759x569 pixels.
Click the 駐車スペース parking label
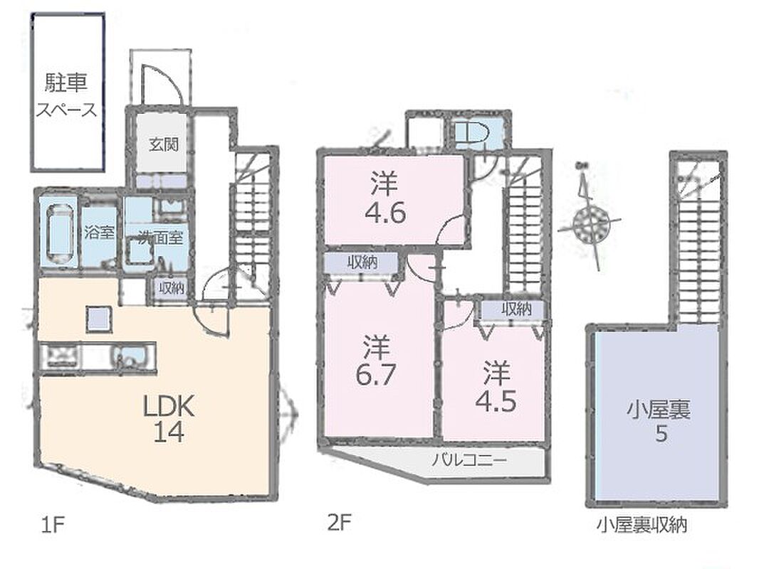pos(67,96)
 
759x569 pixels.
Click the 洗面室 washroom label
pos(160,238)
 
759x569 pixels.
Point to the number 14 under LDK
pos(169,432)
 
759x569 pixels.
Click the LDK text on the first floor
pos(169,407)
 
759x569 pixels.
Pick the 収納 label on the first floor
pos(172,289)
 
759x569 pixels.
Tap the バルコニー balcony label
pos(469,459)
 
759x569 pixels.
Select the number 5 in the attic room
pos(661,434)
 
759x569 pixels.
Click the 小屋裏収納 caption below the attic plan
pos(642,525)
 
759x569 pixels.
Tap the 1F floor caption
pos(52,524)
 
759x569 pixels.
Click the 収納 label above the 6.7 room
pos(362,263)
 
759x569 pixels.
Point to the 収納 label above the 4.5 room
pos(516,309)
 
